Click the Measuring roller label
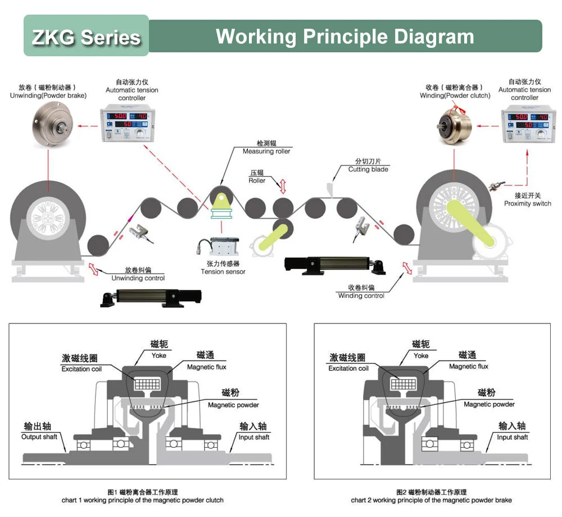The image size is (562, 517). click(x=266, y=151)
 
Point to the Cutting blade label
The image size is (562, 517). click(x=368, y=169)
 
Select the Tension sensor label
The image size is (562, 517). click(x=223, y=272)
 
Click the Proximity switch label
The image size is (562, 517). click(x=527, y=204)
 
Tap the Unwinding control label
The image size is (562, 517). click(x=138, y=278)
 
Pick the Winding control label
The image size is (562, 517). click(x=361, y=296)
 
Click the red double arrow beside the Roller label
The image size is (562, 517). click(x=283, y=186)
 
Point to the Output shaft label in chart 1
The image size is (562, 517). click(x=39, y=437)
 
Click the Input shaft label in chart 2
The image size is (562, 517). click(x=512, y=437)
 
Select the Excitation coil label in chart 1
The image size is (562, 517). click(x=81, y=368)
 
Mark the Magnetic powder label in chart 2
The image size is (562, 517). click(x=489, y=404)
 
